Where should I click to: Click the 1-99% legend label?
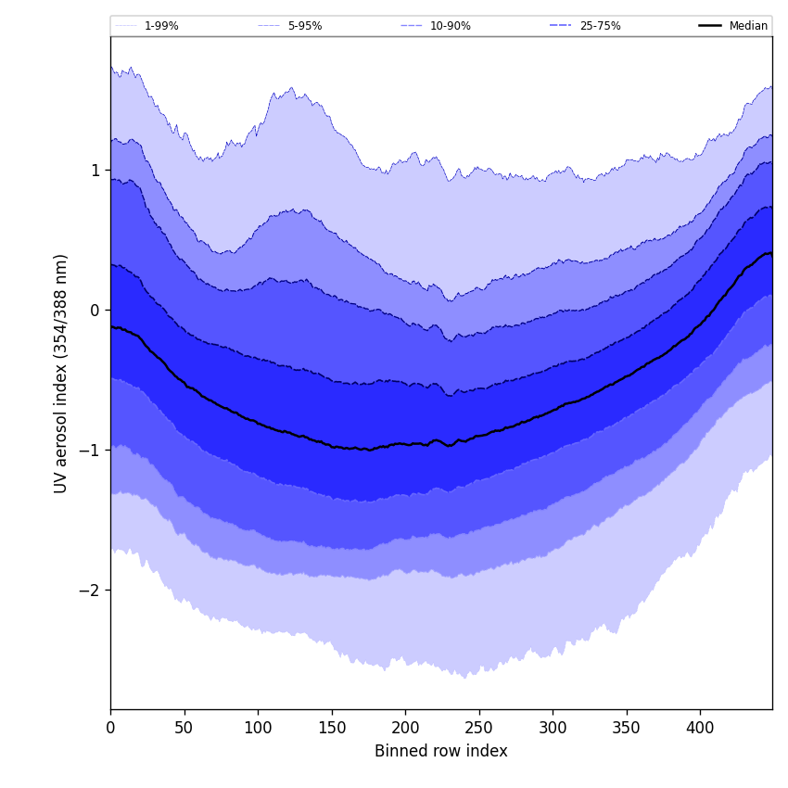coord(161,26)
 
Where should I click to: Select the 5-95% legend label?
coord(305,26)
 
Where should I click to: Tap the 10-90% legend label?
coord(450,26)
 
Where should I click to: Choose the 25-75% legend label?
coord(600,26)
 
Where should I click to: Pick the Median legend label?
coord(748,26)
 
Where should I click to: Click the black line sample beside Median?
coord(710,26)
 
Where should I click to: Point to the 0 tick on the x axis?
coord(110,728)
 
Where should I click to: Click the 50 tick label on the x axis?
coord(184,728)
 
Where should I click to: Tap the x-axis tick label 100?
coord(258,728)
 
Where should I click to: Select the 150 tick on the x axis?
coord(332,728)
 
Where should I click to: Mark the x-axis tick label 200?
coord(405,728)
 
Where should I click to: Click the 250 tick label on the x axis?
coord(479,728)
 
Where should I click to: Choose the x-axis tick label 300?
coord(553,728)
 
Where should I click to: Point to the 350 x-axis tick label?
coord(627,728)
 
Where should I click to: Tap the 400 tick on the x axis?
coord(700,728)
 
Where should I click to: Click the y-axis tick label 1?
coord(95,171)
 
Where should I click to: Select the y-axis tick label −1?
coord(91,451)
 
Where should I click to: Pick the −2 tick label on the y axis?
coord(91,591)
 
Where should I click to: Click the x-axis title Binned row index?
coord(441,752)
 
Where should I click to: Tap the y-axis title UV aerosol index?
coord(61,373)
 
